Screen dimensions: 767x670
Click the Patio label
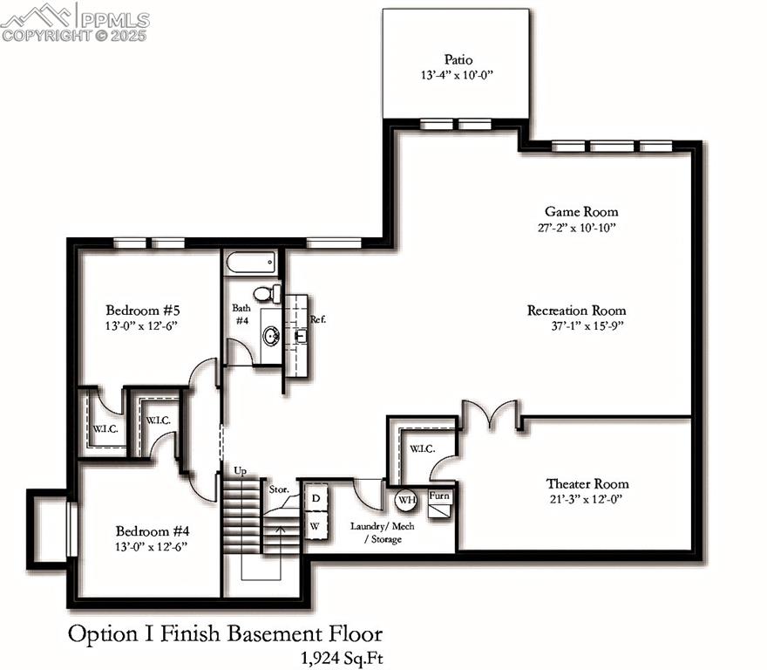pos(458,59)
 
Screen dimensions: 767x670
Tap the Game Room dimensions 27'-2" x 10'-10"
pos(577,228)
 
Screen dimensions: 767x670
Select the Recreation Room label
pos(577,311)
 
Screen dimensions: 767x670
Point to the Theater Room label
pos(587,484)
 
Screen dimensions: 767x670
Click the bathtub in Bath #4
pos(251,263)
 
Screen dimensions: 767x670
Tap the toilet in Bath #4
pos(267,293)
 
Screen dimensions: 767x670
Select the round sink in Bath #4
pos(271,337)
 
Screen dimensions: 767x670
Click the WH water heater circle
pos(406,500)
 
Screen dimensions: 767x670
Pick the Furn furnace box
pos(440,503)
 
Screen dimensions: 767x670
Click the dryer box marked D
pos(316,498)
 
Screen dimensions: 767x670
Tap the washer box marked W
pos(316,526)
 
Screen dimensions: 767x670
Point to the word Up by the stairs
pos(241,471)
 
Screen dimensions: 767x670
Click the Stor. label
pos(279,489)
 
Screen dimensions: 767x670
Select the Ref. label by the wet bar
pos(318,319)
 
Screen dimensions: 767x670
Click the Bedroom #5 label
pos(143,310)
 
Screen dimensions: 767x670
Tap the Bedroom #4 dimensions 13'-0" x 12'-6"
pos(151,547)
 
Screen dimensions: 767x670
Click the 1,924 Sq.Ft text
pos(342,659)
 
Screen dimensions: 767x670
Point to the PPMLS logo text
pos(115,20)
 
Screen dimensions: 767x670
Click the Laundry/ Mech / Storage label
pos(383,532)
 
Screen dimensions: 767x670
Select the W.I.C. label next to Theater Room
pos(422,448)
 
